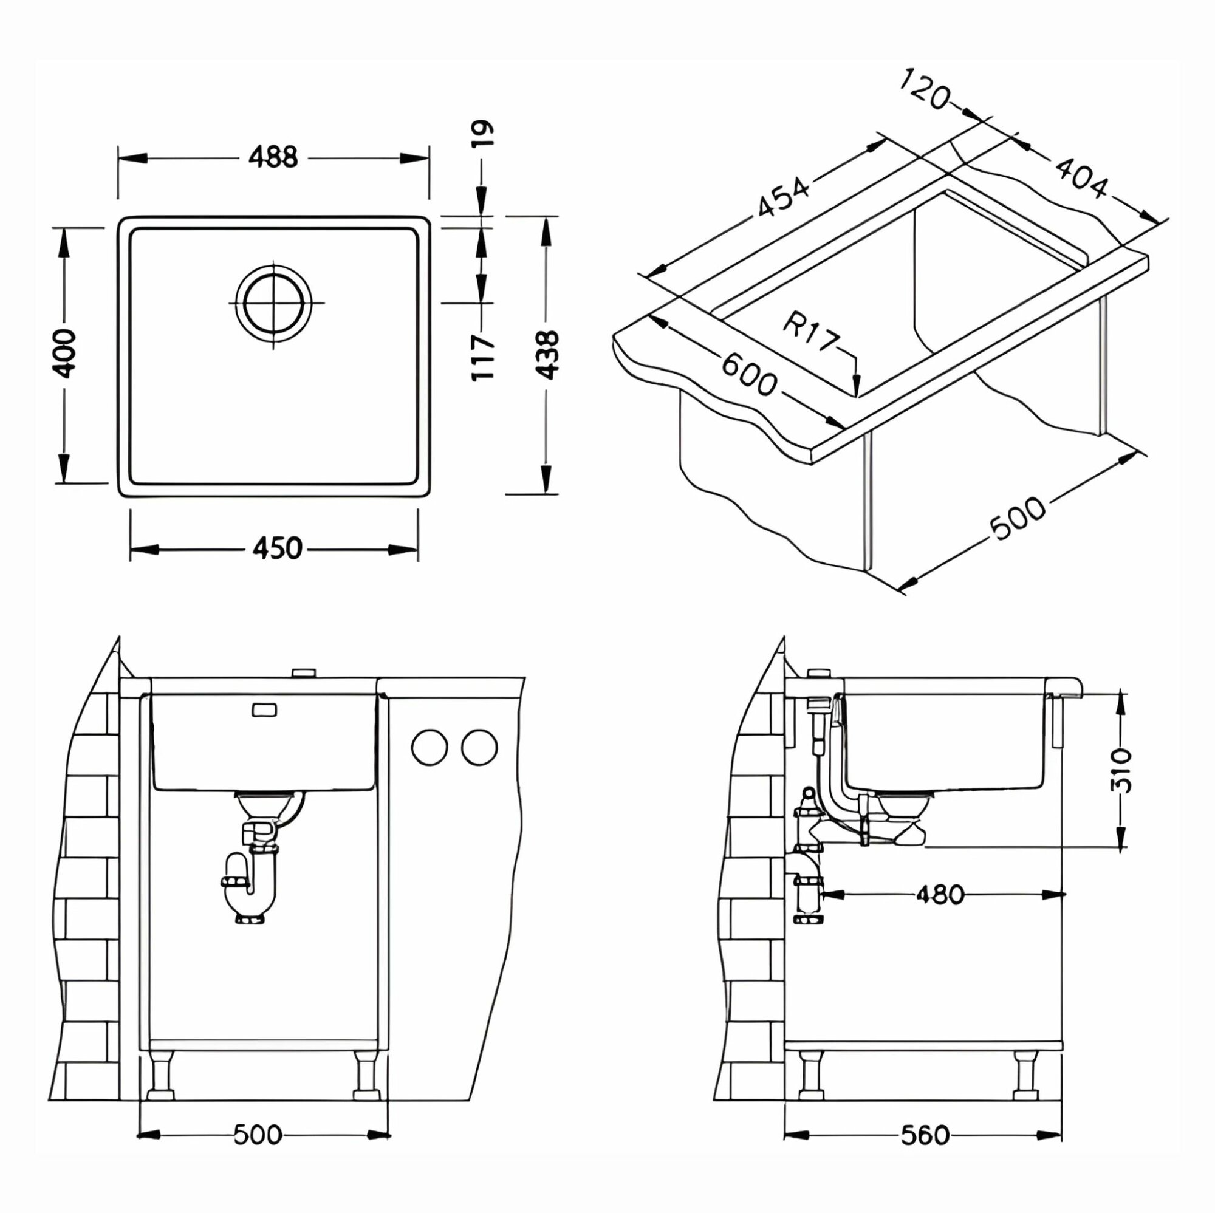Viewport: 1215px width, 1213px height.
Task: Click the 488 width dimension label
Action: (273, 157)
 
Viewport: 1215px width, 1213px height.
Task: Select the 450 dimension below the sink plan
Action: (276, 548)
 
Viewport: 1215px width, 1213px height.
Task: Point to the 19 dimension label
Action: (483, 133)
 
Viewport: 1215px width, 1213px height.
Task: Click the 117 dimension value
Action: (483, 357)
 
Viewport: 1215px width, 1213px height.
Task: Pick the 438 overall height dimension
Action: (548, 355)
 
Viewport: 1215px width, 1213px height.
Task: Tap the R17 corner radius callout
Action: (811, 332)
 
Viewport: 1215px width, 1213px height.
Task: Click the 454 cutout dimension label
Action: (782, 199)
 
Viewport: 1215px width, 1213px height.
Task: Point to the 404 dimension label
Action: (1080, 178)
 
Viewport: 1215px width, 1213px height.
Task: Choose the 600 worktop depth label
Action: (748, 375)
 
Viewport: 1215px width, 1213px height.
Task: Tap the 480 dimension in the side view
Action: (940, 894)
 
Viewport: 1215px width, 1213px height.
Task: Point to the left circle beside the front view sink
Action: (429, 748)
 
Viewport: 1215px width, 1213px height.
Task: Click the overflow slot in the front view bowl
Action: (264, 710)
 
